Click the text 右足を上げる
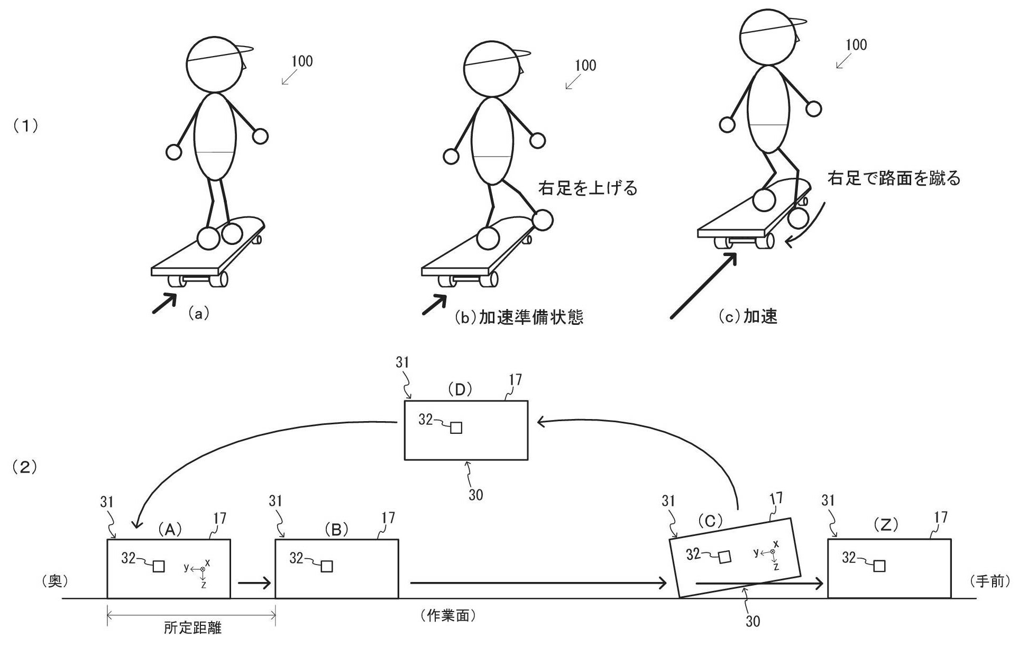[x=588, y=188]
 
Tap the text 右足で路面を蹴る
[x=894, y=179]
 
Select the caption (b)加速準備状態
[x=519, y=317]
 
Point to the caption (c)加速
[x=748, y=316]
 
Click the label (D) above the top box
[x=460, y=389]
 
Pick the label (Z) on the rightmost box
[x=886, y=525]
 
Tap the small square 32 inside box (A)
[x=159, y=566]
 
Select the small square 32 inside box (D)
[x=456, y=427]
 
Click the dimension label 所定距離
[x=192, y=628]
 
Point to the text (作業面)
[x=448, y=616]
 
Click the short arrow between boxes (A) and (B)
[x=254, y=583]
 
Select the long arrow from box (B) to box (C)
[x=538, y=583]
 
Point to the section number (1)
[x=24, y=126]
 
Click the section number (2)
[x=24, y=467]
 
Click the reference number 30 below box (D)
[x=475, y=495]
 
